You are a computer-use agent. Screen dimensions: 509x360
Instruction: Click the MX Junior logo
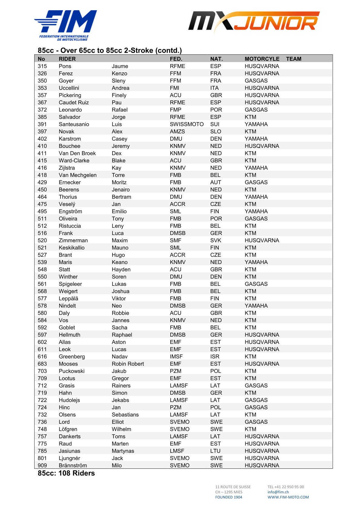coord(254,21)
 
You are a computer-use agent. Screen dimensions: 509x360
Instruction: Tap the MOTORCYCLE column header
coord(262,59)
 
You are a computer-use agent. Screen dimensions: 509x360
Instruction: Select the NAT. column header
coord(216,59)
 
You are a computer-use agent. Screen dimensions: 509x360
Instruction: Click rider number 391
coord(42,124)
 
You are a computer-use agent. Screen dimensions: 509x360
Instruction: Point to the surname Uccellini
coord(69,88)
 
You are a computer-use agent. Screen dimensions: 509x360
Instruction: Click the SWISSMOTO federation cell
coord(187,124)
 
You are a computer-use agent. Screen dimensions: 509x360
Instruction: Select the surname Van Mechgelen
coord(78,175)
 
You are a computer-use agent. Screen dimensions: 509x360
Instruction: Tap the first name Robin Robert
coord(128,364)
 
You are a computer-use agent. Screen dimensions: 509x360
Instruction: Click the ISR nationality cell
coord(215,357)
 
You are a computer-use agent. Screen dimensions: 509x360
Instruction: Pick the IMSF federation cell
coord(176,357)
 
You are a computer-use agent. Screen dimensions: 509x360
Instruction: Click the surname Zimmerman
coord(73,240)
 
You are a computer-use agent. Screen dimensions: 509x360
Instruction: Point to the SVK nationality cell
coord(216,240)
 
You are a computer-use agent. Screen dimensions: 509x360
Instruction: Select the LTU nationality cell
coord(215,451)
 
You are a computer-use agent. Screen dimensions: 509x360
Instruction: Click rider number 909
coord(42,465)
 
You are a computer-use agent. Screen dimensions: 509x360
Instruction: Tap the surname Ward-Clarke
coord(74,161)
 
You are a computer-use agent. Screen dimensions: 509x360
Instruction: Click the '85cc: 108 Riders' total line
coord(66,473)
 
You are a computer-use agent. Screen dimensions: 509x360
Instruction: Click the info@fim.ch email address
coord(278,492)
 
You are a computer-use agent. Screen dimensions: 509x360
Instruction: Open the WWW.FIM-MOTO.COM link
coord(288,497)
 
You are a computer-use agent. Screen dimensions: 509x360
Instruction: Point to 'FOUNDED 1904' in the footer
coord(229,497)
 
